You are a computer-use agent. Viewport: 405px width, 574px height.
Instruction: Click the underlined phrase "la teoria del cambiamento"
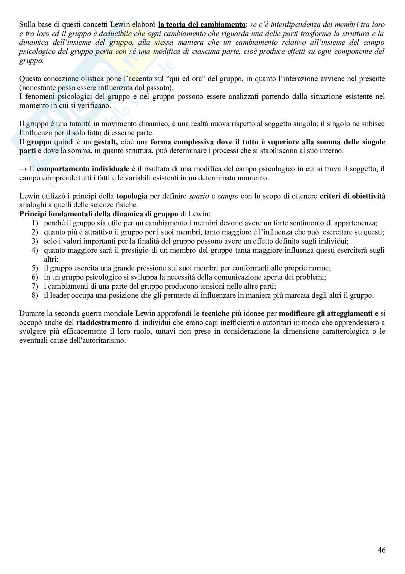coord(202,25)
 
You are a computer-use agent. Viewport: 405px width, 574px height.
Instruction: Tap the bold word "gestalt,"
coord(106,142)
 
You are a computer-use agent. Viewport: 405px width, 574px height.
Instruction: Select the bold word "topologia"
coord(132,196)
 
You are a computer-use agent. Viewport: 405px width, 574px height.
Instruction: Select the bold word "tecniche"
coord(216,313)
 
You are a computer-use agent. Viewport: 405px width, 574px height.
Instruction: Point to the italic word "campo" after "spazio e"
coord(228,196)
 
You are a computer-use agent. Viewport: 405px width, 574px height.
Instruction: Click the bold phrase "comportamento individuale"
coord(83,169)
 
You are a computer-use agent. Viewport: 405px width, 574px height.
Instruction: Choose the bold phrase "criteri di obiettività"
coord(352,196)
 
